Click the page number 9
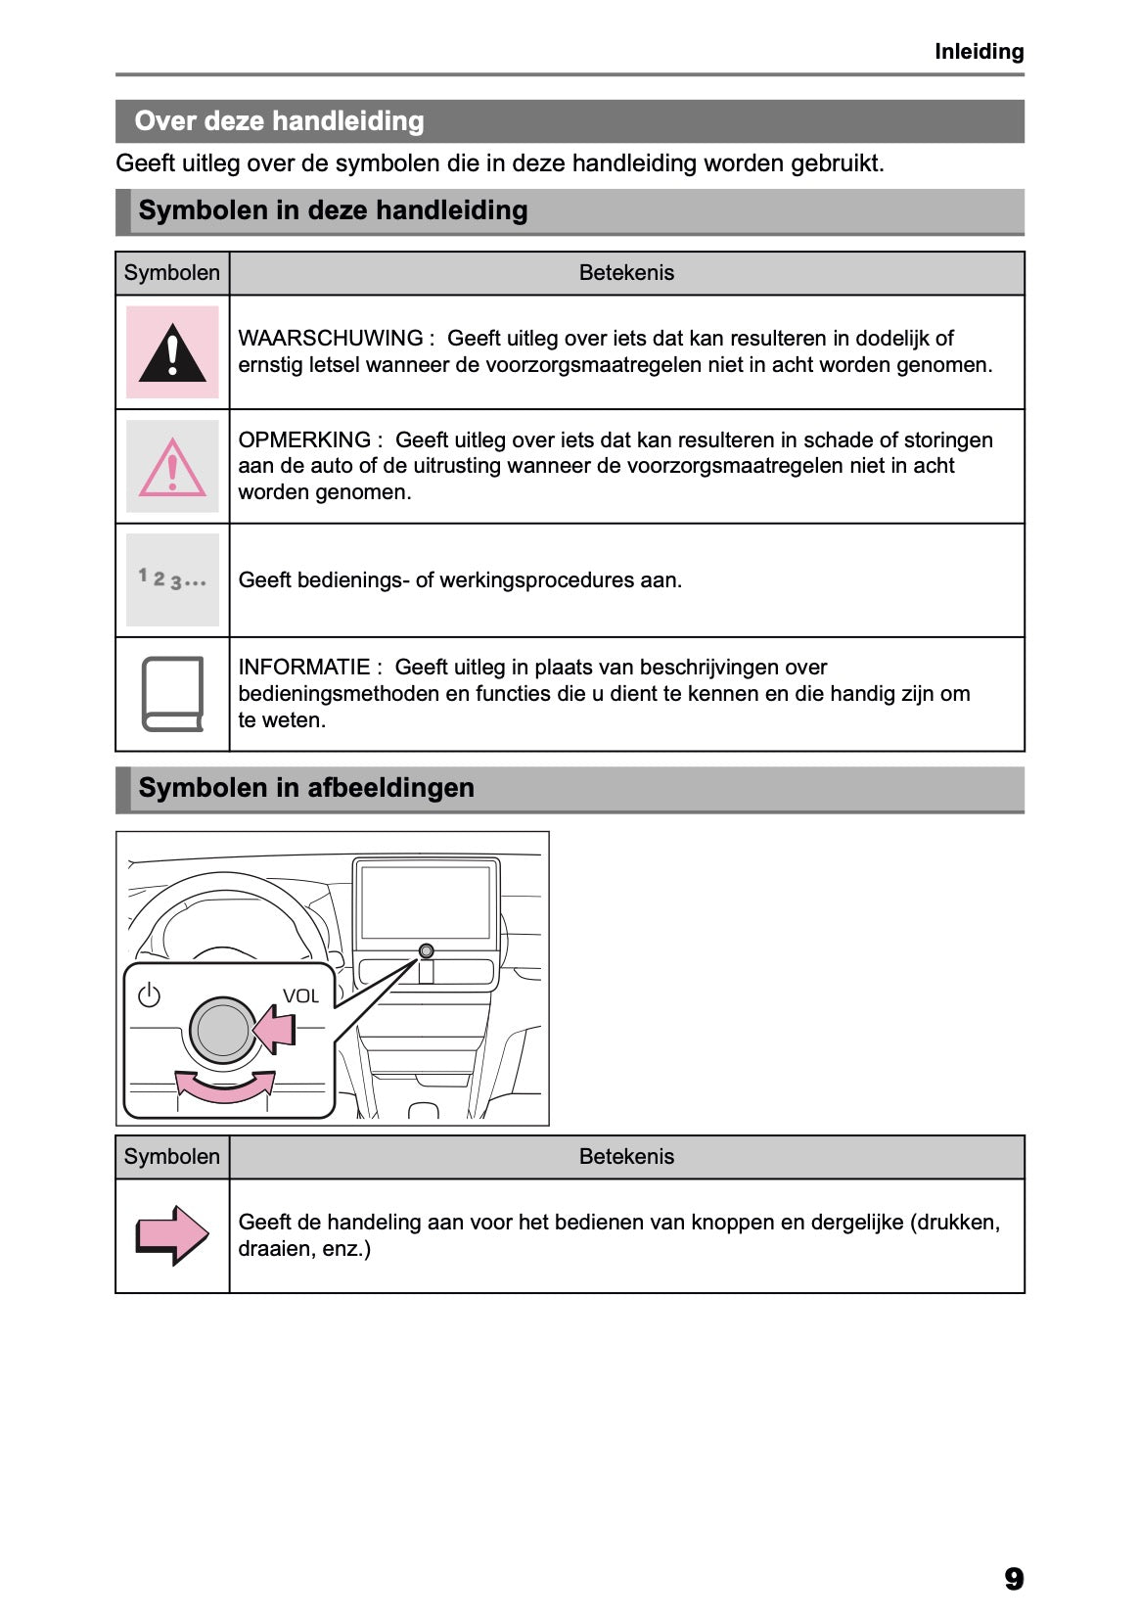[1013, 1579]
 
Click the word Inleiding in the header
[979, 52]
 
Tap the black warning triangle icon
[172, 353]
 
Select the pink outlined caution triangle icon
[172, 468]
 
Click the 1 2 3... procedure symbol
[172, 579]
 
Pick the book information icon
[172, 694]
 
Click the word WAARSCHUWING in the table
[330, 339]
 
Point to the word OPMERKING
[304, 440]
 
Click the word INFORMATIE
[303, 668]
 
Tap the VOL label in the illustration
[300, 996]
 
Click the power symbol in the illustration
[149, 995]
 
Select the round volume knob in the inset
[222, 1031]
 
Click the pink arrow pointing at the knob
[275, 1031]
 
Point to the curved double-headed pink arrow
[225, 1086]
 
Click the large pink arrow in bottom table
[172, 1234]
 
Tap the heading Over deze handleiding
[279, 121]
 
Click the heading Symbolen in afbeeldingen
[306, 788]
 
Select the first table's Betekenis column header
[626, 273]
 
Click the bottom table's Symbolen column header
[172, 1157]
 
